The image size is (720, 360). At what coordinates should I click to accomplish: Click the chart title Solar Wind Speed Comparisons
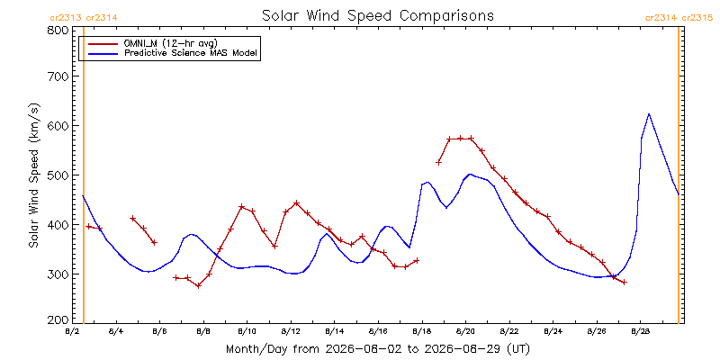(x=377, y=16)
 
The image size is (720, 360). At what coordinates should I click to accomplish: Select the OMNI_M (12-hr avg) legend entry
(x=151, y=43)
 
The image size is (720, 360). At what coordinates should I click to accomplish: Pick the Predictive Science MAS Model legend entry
(x=175, y=54)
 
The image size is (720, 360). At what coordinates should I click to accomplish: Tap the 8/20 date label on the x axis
(x=465, y=330)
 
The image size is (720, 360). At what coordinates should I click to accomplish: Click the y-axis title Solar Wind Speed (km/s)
(x=35, y=175)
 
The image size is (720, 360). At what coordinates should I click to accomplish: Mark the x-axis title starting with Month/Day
(x=377, y=349)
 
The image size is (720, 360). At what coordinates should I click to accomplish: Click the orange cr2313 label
(x=66, y=18)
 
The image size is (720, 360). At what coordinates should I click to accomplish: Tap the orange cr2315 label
(x=697, y=18)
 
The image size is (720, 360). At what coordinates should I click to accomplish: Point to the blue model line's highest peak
(x=648, y=114)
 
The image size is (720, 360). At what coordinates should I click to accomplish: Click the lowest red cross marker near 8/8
(x=198, y=285)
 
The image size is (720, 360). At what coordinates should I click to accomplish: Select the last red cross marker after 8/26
(x=624, y=282)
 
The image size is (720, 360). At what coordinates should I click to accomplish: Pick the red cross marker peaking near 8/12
(x=297, y=203)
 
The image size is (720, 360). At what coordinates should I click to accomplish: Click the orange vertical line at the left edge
(x=84, y=175)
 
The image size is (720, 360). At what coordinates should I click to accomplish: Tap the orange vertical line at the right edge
(x=679, y=175)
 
